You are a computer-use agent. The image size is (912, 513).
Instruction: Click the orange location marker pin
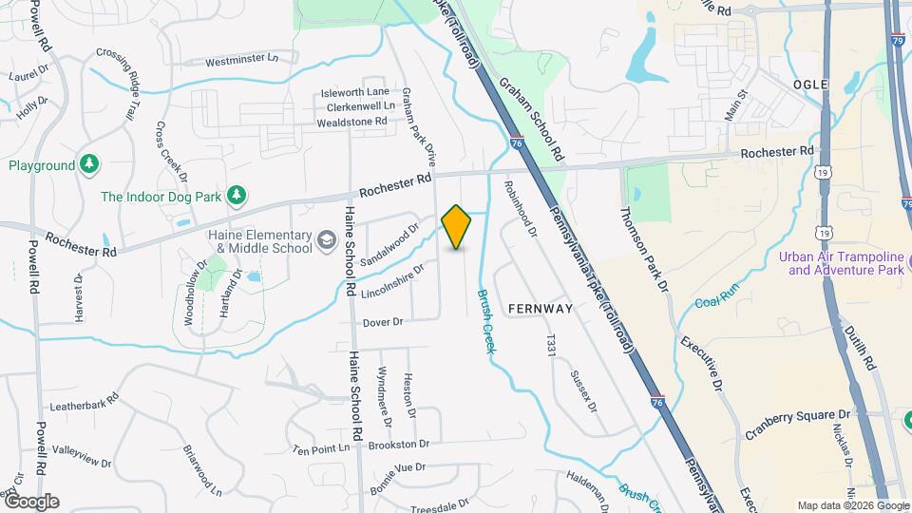click(x=457, y=227)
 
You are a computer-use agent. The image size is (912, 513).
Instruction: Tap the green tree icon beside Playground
click(x=89, y=164)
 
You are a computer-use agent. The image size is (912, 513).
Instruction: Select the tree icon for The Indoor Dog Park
click(x=237, y=197)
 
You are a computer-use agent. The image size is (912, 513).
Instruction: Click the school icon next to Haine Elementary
click(x=327, y=241)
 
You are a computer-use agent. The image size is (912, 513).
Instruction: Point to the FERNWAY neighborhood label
click(x=541, y=309)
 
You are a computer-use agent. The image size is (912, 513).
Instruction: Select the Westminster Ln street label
click(x=241, y=60)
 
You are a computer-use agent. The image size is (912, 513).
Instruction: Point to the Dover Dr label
click(x=383, y=322)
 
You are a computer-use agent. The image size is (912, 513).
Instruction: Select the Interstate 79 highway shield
click(x=898, y=41)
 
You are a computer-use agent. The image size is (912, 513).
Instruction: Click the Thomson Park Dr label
click(x=643, y=251)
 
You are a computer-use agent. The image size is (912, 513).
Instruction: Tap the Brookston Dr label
click(x=399, y=444)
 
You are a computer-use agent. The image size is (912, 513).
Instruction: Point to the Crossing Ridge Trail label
click(x=120, y=85)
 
